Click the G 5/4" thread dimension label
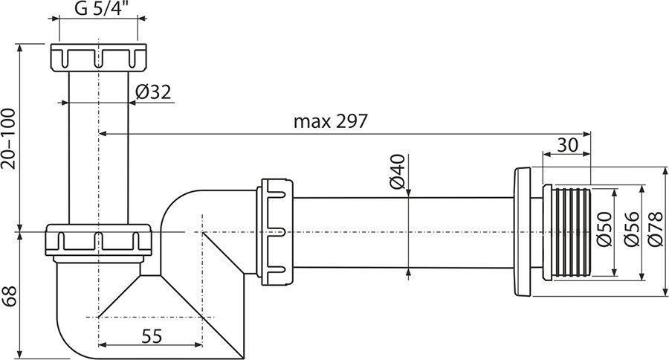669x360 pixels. click(99, 10)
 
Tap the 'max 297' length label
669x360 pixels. click(330, 121)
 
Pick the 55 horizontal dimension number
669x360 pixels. click(151, 335)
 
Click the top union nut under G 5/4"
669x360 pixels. click(98, 58)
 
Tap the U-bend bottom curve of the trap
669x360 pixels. click(82, 335)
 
